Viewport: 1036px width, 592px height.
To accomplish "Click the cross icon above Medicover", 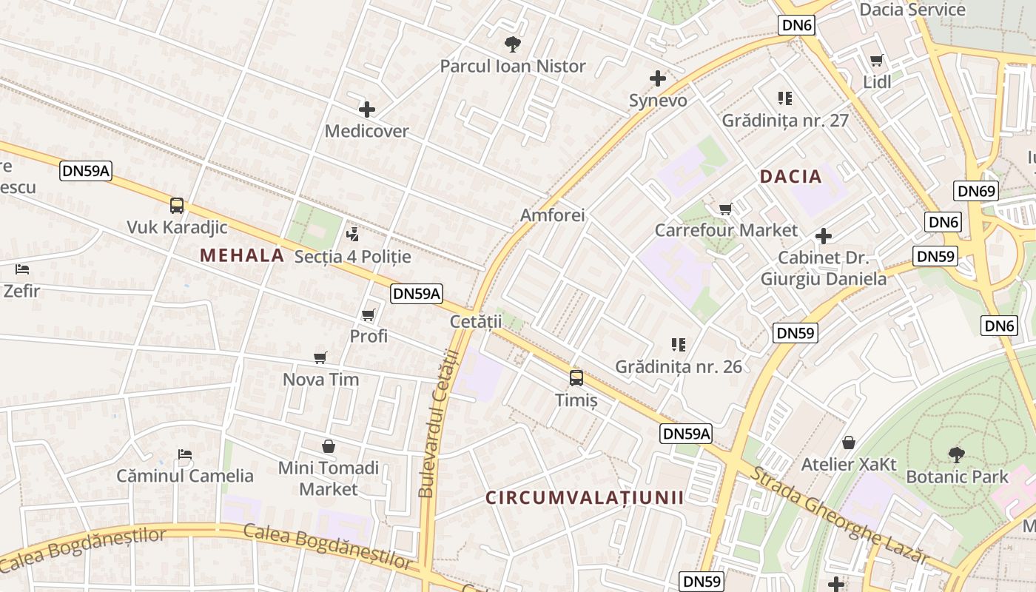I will point(367,110).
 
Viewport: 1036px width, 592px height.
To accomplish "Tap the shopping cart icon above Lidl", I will point(877,60).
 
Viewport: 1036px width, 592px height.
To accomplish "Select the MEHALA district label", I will point(242,255).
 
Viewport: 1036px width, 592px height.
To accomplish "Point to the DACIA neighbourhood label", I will point(791,176).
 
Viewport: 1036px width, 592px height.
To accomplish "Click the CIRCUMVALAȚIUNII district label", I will point(585,497).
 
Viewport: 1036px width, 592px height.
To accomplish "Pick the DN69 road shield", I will point(977,191).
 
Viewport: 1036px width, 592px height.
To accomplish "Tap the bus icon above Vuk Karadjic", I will point(177,205).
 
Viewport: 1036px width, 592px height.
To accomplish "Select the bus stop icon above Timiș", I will point(576,378).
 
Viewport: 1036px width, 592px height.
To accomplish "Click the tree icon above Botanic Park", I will point(957,454).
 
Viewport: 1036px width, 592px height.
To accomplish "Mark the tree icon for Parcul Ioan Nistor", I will point(512,44).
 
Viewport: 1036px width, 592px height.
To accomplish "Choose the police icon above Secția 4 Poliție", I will point(352,235).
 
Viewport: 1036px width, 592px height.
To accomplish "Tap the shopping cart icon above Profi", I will point(369,315).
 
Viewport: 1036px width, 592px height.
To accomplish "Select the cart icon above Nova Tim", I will point(320,358).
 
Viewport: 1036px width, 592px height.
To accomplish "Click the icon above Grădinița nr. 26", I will point(679,344).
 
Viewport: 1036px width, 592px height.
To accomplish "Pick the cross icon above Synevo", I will point(658,78).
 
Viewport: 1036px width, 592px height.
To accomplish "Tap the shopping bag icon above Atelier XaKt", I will point(849,443).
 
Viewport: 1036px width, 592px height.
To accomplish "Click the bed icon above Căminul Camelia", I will point(185,454).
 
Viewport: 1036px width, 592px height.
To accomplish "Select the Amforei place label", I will point(553,215).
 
